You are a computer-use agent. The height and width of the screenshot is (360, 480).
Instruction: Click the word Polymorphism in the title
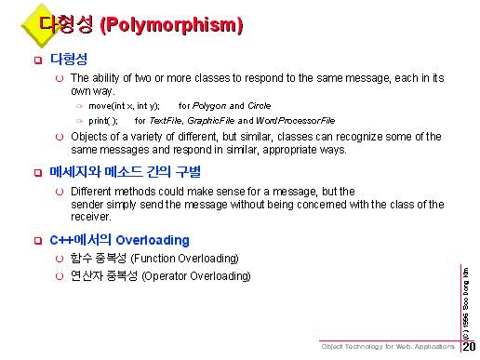point(171,25)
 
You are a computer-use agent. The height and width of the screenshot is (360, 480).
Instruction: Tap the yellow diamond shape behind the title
point(41,25)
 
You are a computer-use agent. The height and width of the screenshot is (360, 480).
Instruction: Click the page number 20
point(469,346)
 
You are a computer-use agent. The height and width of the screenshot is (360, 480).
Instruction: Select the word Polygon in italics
point(209,106)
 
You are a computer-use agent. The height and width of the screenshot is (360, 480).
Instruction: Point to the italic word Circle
point(260,106)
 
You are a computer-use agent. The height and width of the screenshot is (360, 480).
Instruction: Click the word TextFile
point(166,121)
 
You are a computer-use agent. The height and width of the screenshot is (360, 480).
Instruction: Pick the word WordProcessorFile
point(296,121)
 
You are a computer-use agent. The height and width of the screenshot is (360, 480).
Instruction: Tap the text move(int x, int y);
point(124,106)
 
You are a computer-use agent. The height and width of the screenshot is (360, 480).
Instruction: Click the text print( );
point(103,121)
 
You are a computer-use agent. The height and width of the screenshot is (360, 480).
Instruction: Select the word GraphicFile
point(211,121)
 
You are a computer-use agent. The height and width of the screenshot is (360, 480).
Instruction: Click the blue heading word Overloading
point(153,240)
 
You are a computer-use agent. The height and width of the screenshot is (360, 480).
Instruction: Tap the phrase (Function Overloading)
point(185,259)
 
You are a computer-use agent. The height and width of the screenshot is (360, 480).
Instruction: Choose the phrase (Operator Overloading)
point(196,276)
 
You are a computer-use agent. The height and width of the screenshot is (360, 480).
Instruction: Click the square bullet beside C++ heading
point(38,241)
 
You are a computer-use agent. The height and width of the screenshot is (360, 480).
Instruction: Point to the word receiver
point(91,217)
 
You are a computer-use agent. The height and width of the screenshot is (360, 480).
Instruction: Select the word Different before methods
point(91,192)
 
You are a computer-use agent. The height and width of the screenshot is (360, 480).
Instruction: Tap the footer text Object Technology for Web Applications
point(388,346)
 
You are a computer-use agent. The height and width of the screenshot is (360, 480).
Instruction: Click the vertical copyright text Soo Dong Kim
point(465,289)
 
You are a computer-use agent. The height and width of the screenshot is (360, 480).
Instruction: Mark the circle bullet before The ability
point(60,78)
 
